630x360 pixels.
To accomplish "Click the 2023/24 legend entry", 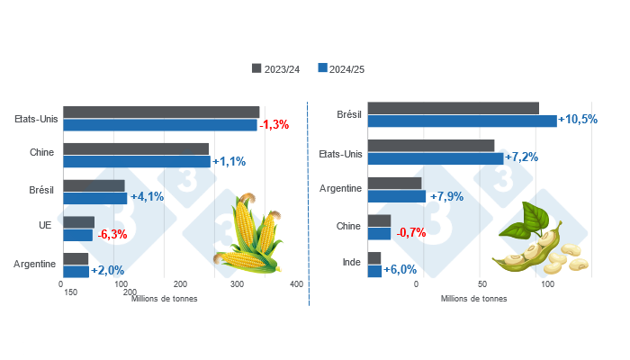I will (278, 68).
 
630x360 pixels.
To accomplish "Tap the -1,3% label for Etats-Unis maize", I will (274, 125).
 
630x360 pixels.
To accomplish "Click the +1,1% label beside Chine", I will (229, 162).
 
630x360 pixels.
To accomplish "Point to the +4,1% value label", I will (147, 197).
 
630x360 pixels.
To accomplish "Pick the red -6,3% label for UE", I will (112, 235).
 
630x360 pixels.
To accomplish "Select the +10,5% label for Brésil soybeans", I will (578, 120).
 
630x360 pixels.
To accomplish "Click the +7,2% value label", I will (522, 157).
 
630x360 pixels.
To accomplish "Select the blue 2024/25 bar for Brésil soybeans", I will (463, 121).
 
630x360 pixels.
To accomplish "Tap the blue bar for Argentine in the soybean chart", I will (397, 196).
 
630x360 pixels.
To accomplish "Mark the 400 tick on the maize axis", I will (295, 284).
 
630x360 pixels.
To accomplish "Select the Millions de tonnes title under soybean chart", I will (474, 299).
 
